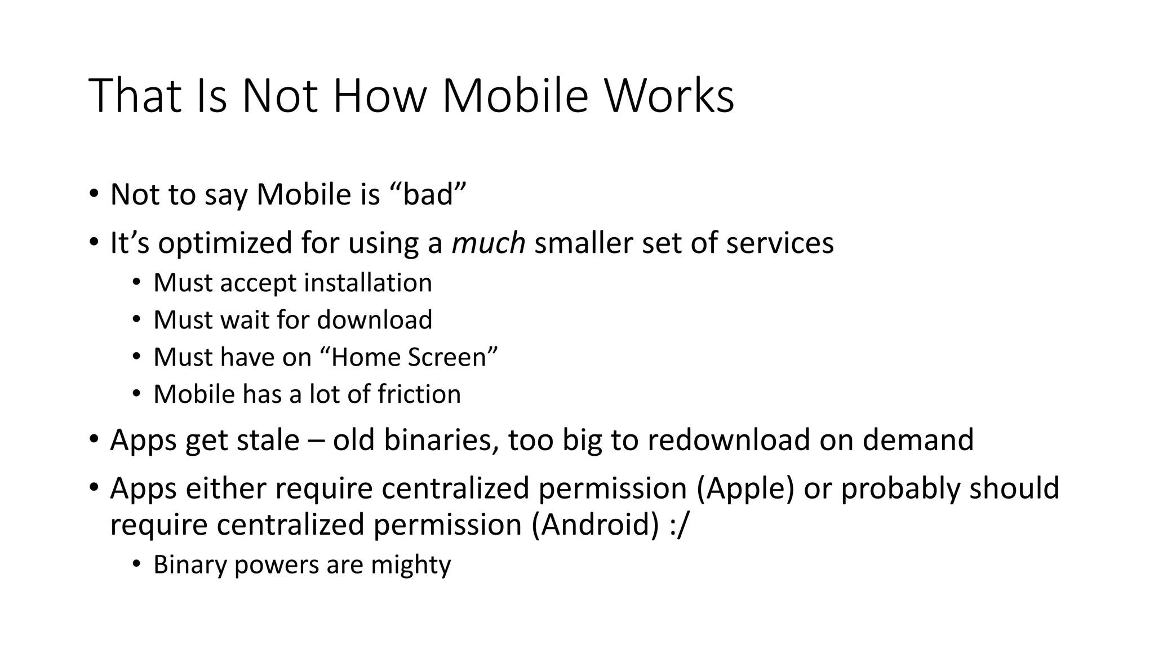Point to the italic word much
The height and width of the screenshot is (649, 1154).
tap(489, 243)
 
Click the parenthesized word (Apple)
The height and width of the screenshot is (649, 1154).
tap(745, 488)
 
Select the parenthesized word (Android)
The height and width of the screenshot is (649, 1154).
tap(594, 525)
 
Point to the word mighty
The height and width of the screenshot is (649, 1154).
tap(411, 565)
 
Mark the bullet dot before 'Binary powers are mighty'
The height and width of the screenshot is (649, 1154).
tap(136, 564)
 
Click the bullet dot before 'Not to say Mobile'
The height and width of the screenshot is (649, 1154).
tap(94, 194)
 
